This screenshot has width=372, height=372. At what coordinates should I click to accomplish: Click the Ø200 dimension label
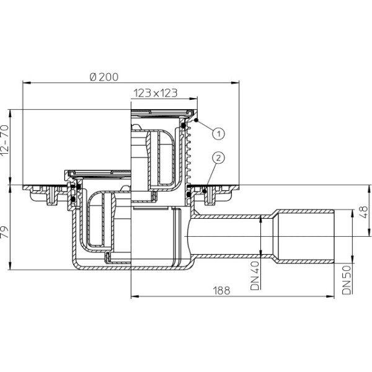click(104, 77)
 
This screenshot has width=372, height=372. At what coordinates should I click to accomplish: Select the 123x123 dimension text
click(155, 94)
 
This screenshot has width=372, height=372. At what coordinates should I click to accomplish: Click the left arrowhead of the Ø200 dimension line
click(25, 82)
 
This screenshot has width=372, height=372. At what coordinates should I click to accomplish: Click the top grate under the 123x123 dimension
click(162, 112)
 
